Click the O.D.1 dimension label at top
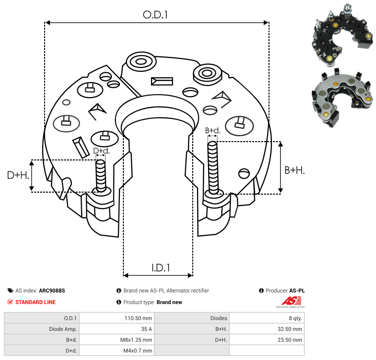coord(156,15)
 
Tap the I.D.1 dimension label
coord(161,268)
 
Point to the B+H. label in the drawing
coord(294,170)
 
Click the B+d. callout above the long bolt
coord(212,130)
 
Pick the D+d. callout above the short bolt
coord(101,151)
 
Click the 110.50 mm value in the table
coord(140,318)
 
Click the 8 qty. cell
coord(294,318)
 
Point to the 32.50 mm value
coord(290,329)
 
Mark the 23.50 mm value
coord(290,340)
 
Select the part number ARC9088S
coord(52,291)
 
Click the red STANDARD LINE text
coord(35,302)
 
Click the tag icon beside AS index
coord(10,291)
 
